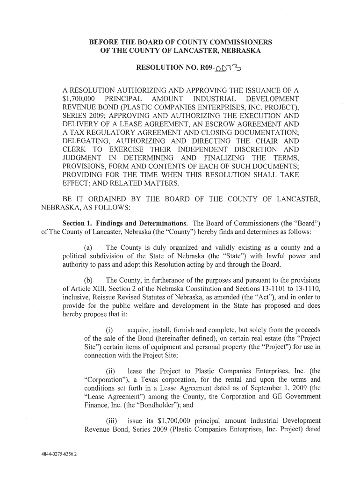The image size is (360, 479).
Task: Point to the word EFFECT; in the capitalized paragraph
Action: click(78, 183)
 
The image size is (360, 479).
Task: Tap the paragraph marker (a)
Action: click(87, 247)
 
